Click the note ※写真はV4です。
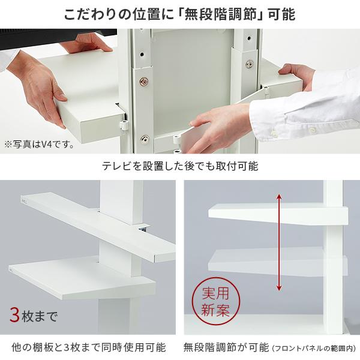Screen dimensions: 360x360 (40, 144)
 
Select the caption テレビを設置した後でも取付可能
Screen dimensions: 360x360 (180, 165)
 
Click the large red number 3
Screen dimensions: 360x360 (14, 314)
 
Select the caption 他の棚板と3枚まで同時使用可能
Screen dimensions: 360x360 (88, 347)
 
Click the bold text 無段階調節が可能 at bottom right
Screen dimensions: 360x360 (227, 347)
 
